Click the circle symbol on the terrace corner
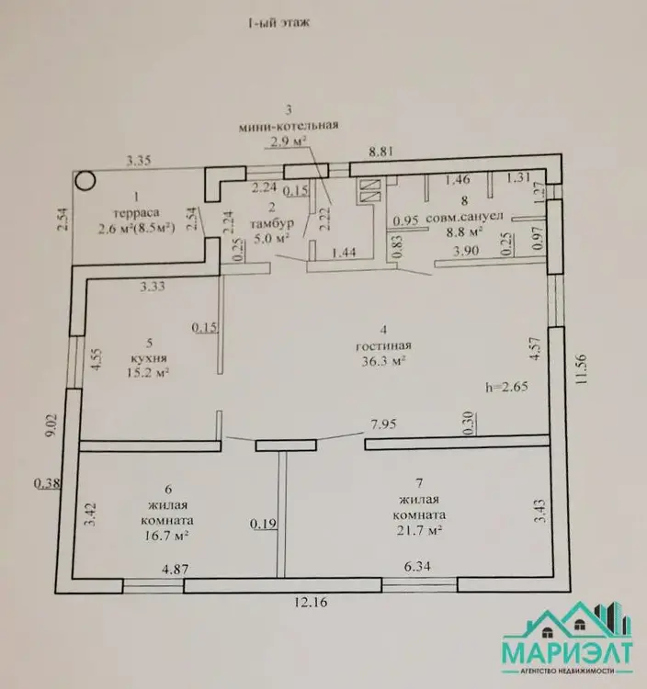point(85,180)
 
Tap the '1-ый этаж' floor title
point(279,23)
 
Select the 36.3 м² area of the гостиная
point(383,361)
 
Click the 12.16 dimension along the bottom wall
point(311,602)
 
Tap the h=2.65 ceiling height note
point(506,387)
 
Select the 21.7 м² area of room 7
point(419,531)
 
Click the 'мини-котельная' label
point(289,126)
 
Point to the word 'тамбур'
point(272,223)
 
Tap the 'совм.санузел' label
point(465,217)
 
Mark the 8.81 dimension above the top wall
point(381,152)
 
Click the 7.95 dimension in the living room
point(383,424)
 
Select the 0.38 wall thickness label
point(47,483)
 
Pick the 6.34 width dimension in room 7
point(417,567)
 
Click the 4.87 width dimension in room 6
point(176,570)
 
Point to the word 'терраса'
point(136,213)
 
